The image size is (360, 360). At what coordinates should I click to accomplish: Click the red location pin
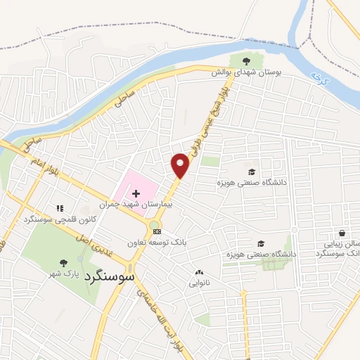[x=180, y=165]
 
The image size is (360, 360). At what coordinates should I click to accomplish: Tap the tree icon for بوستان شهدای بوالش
[x=245, y=61]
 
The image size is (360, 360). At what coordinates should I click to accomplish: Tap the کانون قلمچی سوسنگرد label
[x=60, y=219]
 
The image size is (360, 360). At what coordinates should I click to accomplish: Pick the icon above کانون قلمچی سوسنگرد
[x=60, y=208]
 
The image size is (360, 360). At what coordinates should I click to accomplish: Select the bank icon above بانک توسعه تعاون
[x=157, y=231]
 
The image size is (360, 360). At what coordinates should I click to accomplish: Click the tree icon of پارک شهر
[x=63, y=262]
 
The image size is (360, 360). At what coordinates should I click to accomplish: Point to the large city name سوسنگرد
[x=109, y=278]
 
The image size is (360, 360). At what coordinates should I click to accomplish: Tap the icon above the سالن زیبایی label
[x=342, y=232]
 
